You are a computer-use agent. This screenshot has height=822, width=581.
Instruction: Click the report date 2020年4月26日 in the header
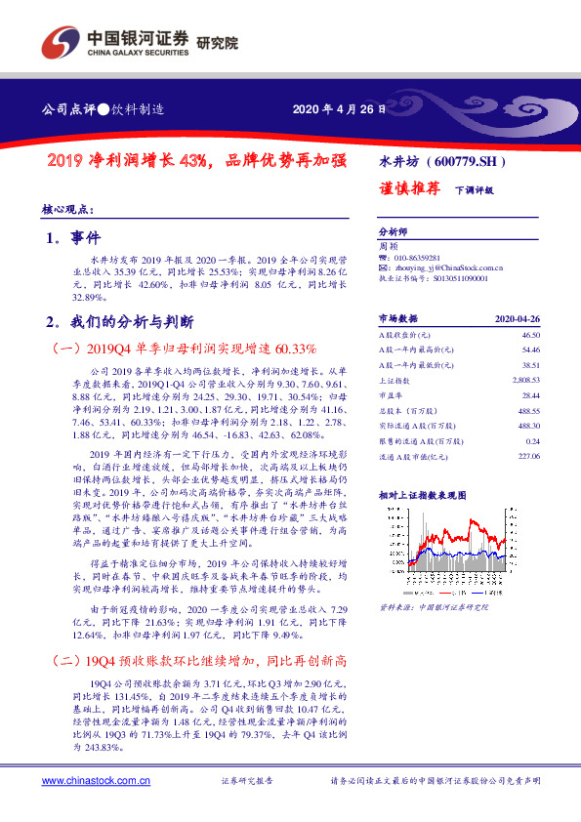(334, 110)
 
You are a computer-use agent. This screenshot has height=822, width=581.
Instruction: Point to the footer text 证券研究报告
(247, 781)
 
